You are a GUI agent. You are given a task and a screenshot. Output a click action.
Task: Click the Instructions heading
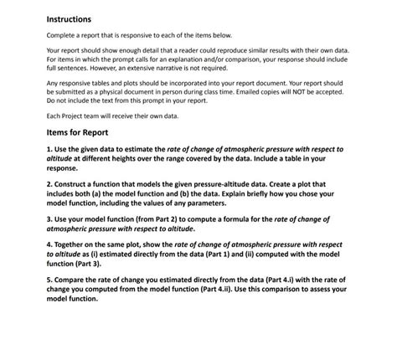point(69,19)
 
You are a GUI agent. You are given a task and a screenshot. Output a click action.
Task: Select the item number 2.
point(49,183)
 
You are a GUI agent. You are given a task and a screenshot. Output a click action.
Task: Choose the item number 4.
point(49,244)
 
